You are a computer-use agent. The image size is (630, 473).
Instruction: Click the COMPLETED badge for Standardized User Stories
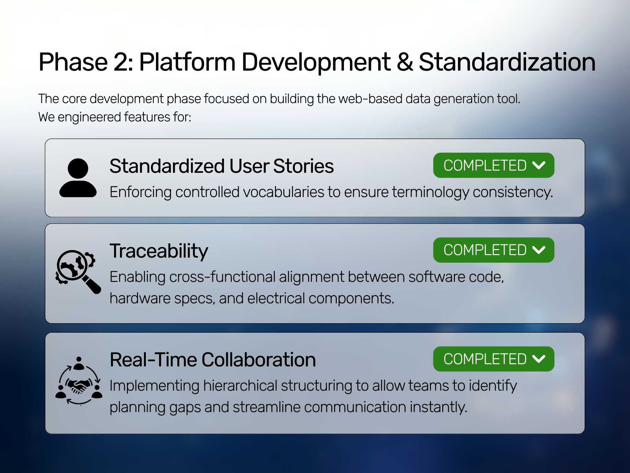click(494, 165)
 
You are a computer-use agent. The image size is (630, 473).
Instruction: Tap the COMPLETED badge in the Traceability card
click(494, 250)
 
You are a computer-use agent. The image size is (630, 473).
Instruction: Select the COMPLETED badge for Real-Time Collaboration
click(494, 359)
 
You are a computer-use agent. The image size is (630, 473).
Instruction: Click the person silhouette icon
click(78, 178)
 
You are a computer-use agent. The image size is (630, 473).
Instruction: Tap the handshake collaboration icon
click(79, 381)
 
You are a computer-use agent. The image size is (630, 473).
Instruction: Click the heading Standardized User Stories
click(221, 166)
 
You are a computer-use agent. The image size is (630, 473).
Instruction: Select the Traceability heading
click(159, 251)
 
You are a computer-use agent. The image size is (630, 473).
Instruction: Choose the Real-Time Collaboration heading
click(213, 360)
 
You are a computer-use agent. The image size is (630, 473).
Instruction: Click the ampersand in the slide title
click(405, 62)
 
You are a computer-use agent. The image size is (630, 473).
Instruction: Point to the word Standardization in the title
click(507, 62)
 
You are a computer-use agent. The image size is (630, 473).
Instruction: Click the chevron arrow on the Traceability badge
click(539, 250)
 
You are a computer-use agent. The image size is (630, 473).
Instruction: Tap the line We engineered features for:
click(115, 117)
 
